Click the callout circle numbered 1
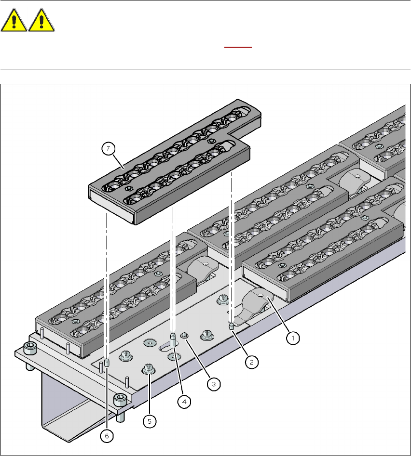[291, 339]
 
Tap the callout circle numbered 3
[214, 384]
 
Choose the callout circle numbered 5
[150, 421]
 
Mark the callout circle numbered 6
[107, 435]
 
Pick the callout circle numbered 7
[110, 150]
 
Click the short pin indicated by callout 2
[232, 327]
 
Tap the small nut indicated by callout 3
[183, 335]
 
